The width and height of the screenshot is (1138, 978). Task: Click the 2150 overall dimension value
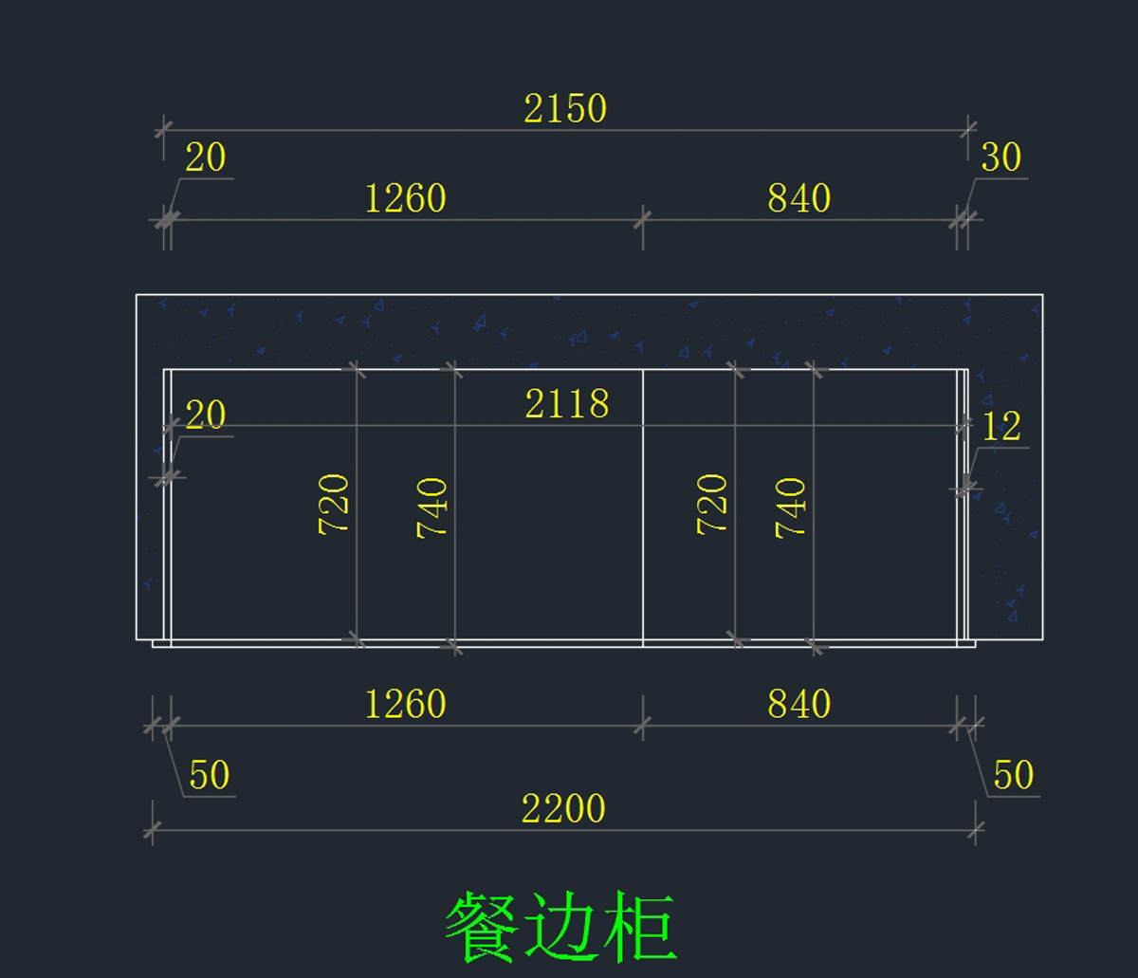point(565,109)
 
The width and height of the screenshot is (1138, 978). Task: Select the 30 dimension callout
point(1000,157)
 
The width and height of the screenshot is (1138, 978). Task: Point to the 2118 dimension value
point(567,405)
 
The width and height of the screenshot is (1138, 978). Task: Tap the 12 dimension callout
point(1001,427)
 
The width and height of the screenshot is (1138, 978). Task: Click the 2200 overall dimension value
point(563,809)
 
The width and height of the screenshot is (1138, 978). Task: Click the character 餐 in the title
point(481,927)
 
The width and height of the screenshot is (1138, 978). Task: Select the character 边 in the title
point(560,927)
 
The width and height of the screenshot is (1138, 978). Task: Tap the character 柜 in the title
point(640,927)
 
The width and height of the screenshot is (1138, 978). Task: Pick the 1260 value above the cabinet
point(405,199)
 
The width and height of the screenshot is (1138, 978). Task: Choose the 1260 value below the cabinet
point(405,705)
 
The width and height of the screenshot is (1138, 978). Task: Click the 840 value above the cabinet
point(799,199)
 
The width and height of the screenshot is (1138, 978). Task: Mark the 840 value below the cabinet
point(799,705)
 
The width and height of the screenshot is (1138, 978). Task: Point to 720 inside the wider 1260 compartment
point(335,505)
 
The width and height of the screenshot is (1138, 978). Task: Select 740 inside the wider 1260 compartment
point(432,508)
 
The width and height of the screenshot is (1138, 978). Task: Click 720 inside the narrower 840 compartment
point(713,505)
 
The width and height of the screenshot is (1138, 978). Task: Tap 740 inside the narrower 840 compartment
point(792,508)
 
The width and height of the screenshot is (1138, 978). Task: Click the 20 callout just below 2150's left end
point(205,158)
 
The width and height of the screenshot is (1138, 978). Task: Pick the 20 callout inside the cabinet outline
point(205,415)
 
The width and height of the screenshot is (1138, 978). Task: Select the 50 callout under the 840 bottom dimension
point(1013,776)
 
